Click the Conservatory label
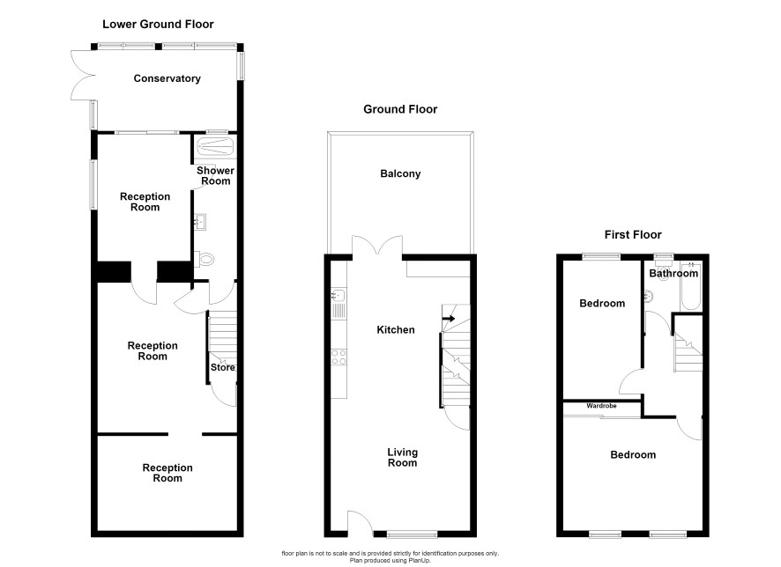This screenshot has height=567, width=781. (x=167, y=78)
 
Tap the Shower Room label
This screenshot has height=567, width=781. (x=215, y=175)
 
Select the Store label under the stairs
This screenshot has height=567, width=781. (x=223, y=367)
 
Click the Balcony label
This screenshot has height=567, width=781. (x=400, y=173)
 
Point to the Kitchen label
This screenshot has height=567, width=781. (x=396, y=330)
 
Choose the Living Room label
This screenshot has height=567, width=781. (x=403, y=458)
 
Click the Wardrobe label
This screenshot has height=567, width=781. (x=601, y=406)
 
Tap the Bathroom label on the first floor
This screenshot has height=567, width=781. (x=673, y=274)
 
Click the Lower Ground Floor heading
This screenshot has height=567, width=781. (x=158, y=25)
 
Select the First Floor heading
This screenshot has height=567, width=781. (x=633, y=235)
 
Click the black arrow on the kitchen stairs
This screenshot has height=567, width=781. (x=449, y=319)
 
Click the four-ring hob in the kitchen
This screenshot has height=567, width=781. (x=338, y=357)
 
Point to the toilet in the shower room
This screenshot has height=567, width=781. (x=205, y=260)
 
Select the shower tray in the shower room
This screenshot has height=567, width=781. (x=215, y=147)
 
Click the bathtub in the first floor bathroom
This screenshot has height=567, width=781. (x=691, y=286)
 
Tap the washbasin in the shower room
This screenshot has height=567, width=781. (x=200, y=222)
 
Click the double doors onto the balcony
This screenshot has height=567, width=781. (x=377, y=247)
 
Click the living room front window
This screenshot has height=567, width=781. (x=413, y=534)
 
